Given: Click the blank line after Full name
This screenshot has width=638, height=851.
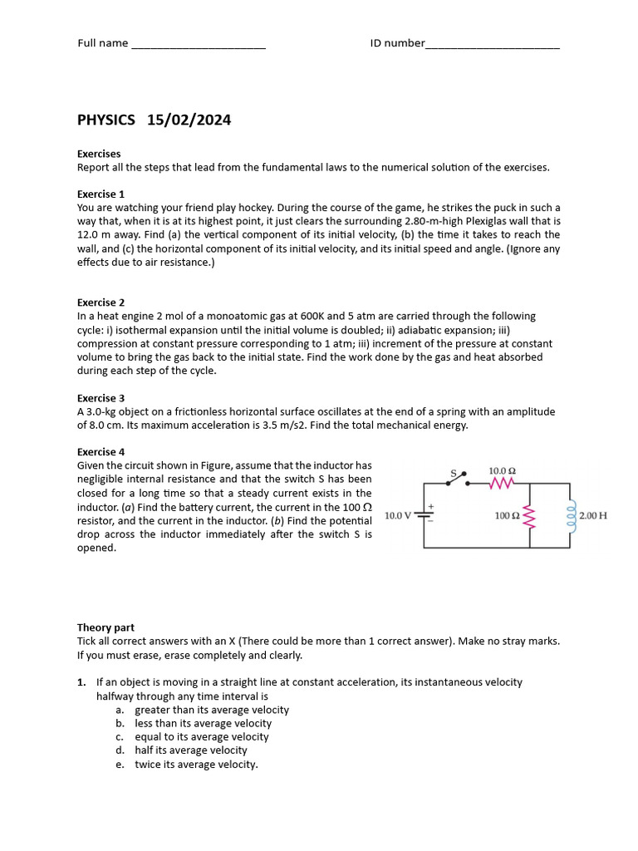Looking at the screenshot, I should coord(199,45).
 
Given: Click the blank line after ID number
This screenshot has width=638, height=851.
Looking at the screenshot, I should coord(493,45).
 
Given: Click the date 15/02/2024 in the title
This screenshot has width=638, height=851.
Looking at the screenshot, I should coord(189,120).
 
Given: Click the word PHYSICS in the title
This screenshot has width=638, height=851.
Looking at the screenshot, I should coord(106,120).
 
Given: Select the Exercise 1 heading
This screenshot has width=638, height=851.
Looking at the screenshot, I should coord(101,194).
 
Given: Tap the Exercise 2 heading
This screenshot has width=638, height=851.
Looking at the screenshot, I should coord(101,303).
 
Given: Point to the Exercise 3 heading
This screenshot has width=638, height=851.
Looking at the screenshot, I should coord(101,398).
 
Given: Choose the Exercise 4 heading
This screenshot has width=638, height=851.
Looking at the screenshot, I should coord(101,452).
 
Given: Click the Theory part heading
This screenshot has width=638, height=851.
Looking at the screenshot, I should coord(106,627).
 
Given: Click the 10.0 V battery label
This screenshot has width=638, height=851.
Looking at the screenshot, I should coord(398,515).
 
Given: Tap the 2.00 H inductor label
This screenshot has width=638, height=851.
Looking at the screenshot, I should coord(593,515).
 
